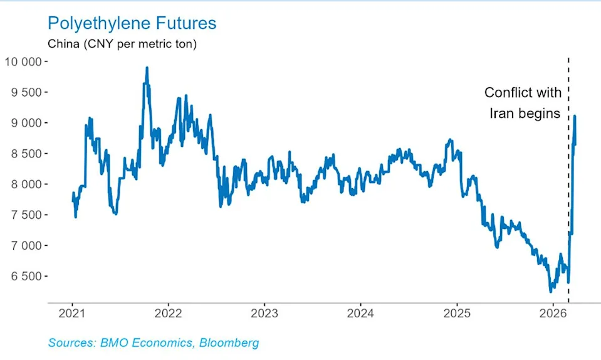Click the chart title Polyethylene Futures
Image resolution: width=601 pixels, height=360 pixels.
(x=132, y=24)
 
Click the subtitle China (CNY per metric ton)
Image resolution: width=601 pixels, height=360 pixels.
(x=122, y=45)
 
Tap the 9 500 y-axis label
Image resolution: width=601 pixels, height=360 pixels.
(x=26, y=92)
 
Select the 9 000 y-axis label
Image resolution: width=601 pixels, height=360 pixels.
(x=26, y=123)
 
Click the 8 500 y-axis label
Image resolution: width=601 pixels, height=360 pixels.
(x=26, y=154)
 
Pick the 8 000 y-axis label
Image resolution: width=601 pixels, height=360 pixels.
(x=26, y=184)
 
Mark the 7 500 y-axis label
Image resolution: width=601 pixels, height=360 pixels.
(x=26, y=215)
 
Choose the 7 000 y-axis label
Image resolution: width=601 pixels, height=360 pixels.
(x=26, y=246)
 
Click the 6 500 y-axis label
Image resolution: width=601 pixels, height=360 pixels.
(x=26, y=277)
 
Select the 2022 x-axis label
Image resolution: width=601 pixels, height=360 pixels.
(x=168, y=314)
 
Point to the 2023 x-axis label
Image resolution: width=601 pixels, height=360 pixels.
(x=264, y=314)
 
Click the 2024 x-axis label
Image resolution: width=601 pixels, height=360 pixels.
(x=360, y=314)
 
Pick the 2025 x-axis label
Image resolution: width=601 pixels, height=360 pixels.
(x=457, y=314)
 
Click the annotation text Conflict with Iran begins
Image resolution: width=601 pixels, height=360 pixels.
(x=523, y=103)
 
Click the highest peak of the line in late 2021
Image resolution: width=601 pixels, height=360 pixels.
(x=147, y=68)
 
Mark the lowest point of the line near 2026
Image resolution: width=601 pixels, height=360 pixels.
(x=550, y=291)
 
